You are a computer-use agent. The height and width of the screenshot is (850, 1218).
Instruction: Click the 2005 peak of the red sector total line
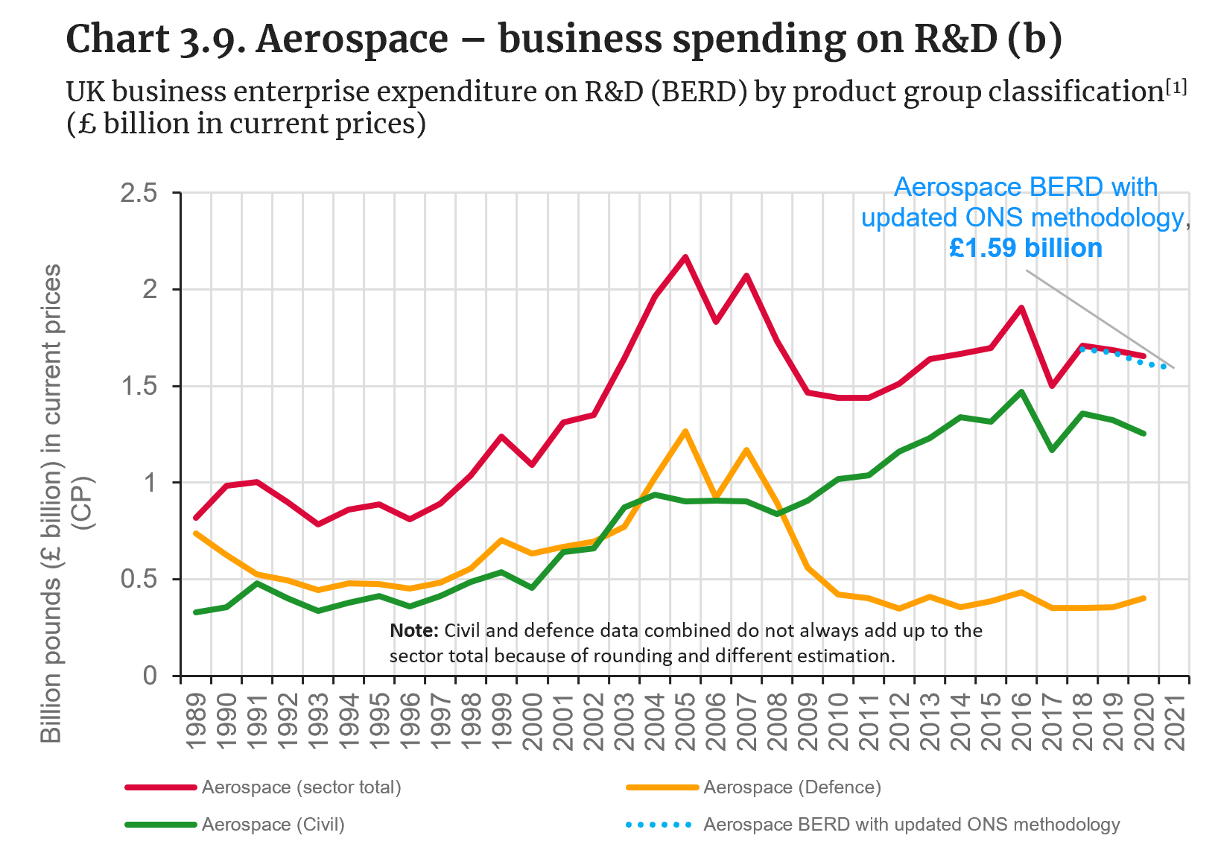(x=685, y=257)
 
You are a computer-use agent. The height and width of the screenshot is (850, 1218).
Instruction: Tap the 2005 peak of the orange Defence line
(x=685, y=431)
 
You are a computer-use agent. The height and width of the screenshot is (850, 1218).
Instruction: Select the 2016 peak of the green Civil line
(x=1021, y=391)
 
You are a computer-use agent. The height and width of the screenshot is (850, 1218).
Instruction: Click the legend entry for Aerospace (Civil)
(x=273, y=825)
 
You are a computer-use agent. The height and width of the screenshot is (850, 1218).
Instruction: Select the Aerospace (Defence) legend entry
(x=792, y=787)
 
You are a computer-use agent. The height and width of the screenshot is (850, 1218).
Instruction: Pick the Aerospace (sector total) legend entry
(x=301, y=787)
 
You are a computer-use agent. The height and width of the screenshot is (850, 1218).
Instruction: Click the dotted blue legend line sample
(x=659, y=825)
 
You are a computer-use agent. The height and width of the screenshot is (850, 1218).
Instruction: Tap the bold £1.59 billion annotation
(x=1025, y=248)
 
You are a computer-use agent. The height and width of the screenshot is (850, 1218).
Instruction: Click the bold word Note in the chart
(x=414, y=631)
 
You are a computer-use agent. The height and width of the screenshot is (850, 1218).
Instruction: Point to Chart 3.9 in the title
(x=155, y=39)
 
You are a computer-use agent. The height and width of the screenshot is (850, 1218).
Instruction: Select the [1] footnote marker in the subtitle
(x=1176, y=87)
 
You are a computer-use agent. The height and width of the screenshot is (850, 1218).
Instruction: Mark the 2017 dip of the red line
(x=1052, y=386)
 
